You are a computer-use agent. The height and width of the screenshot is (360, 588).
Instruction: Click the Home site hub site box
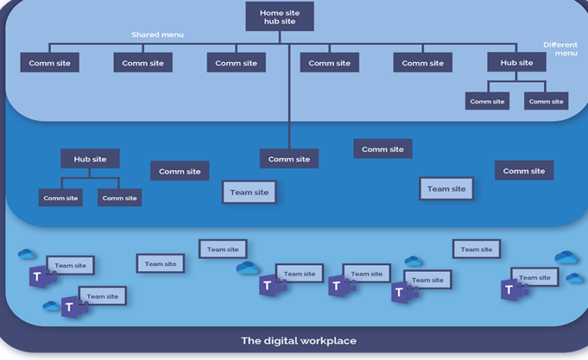point(279,17)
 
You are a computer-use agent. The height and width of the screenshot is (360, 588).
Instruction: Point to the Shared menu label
point(158,34)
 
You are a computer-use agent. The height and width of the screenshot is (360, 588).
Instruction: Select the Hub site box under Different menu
point(517,63)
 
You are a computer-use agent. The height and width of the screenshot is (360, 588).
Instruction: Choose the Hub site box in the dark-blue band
point(90,159)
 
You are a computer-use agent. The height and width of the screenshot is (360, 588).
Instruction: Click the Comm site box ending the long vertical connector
point(289,159)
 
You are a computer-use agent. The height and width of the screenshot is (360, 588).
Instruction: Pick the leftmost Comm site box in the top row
point(50,63)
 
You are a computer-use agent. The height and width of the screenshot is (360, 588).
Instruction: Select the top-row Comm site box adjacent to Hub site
point(423,63)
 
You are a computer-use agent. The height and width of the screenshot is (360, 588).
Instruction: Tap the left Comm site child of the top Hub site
point(487,101)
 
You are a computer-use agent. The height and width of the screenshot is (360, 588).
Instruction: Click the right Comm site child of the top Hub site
point(546,101)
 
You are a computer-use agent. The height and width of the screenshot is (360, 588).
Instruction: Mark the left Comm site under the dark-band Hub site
point(60,198)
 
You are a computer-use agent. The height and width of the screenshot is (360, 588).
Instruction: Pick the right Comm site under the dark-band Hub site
point(119,198)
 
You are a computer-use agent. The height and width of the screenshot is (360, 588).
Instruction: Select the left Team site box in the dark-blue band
point(250,192)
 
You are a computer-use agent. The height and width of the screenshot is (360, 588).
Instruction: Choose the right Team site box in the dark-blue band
point(446,188)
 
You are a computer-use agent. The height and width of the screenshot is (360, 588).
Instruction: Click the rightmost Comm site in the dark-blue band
point(524,171)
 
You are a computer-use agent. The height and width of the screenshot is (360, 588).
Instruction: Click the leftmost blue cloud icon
point(27,254)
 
